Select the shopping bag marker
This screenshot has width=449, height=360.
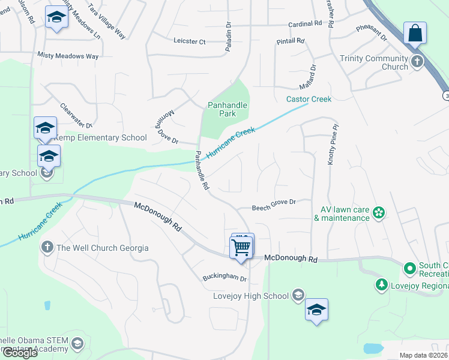pos(415,34)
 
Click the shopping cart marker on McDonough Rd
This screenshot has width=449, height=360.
pos(241,247)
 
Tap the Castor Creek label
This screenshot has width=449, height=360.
pos(309,99)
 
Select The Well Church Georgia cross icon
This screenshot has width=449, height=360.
pos(47,247)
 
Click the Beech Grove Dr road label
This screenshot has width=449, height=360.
pos(274,203)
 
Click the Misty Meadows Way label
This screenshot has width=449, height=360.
pos(68,56)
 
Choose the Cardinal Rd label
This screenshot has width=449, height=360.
pos(306,24)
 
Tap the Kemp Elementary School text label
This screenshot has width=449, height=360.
pos(100,137)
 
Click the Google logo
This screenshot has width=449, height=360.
pos(19,353)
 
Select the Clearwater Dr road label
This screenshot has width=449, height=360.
pos(76,116)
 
